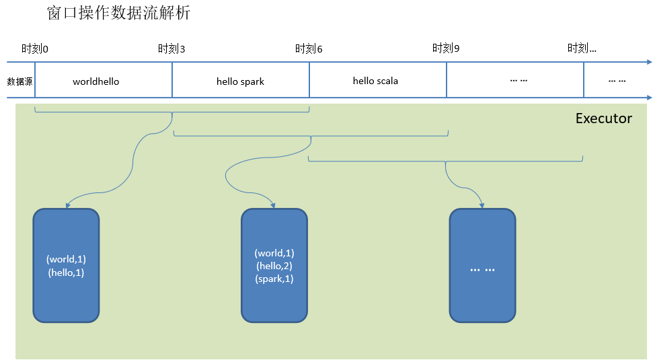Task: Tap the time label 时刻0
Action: tap(35, 49)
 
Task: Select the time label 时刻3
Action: tap(171, 49)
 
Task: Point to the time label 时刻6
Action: tap(309, 49)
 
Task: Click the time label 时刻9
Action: tap(446, 49)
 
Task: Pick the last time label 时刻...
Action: tap(582, 48)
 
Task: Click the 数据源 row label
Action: tap(20, 81)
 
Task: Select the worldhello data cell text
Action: tap(95, 81)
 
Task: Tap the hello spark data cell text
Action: tap(240, 81)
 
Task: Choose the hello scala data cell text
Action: tap(375, 81)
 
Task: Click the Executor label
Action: tap(603, 118)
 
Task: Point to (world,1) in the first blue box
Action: tap(66, 259)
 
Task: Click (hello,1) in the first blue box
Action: tap(66, 273)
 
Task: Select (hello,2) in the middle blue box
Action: tap(274, 266)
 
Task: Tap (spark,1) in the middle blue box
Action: tap(274, 279)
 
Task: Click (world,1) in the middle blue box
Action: tap(274, 253)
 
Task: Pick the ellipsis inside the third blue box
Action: tap(482, 269)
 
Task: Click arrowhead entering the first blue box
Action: tap(66, 205)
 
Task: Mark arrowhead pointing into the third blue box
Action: tap(482, 205)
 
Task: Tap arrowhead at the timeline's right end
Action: tap(648, 63)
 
